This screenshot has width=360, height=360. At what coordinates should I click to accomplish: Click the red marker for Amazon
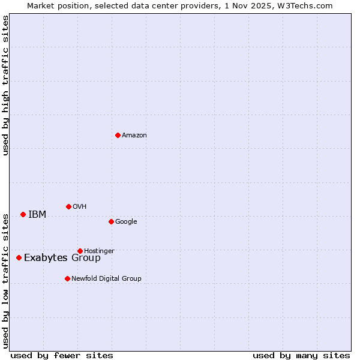tap(118, 135)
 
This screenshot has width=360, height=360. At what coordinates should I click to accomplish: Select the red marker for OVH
tap(68, 206)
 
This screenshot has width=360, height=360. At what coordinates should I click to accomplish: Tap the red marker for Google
tap(111, 221)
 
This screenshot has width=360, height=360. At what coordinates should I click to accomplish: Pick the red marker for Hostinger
tap(80, 251)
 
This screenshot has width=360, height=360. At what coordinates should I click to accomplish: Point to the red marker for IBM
tap(23, 214)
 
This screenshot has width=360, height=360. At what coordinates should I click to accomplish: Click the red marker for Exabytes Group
tap(19, 257)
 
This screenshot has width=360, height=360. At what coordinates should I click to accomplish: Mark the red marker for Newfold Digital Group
tap(67, 278)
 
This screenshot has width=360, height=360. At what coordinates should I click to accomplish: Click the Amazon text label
tap(134, 136)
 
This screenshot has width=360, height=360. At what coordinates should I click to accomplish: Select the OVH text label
tap(80, 207)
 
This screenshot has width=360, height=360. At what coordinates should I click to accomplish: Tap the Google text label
tap(126, 222)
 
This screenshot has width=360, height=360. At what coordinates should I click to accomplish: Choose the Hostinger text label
tap(99, 251)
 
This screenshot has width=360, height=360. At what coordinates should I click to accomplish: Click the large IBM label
tap(37, 215)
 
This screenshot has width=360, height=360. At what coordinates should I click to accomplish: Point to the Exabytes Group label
tap(62, 258)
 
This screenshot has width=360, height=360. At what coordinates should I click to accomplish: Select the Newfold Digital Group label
tap(106, 278)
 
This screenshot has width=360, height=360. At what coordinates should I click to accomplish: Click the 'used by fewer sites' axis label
tap(62, 355)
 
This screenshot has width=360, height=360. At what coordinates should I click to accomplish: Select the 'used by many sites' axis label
tap(301, 355)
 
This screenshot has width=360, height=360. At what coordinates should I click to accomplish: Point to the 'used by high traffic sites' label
tap(5, 85)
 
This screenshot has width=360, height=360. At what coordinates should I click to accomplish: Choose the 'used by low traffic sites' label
tap(5, 280)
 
